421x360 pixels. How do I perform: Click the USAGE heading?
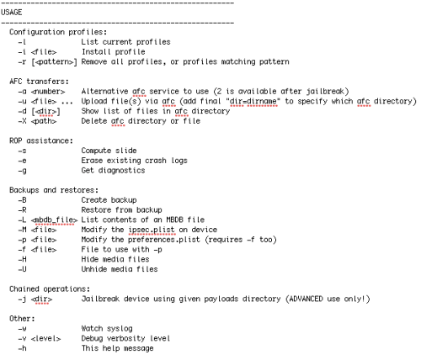pyautogui.click(x=12, y=13)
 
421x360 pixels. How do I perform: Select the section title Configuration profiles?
pyautogui.click(x=58, y=32)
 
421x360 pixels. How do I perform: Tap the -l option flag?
pyautogui.click(x=22, y=42)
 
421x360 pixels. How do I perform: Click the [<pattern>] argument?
pyautogui.click(x=54, y=62)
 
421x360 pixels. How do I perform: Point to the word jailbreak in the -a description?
pyautogui.click(x=325, y=92)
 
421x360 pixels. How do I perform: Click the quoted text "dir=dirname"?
pyautogui.click(x=253, y=101)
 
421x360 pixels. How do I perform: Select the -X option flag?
pyautogui.click(x=22, y=121)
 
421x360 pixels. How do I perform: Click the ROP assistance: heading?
pyautogui.click(x=41, y=140)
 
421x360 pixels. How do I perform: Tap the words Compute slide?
pyautogui.click(x=109, y=151)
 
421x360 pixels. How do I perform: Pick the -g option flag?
pyautogui.click(x=23, y=171)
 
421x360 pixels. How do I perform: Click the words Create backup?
pyautogui.click(x=109, y=200)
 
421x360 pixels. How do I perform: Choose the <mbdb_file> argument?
pyautogui.click(x=54, y=220)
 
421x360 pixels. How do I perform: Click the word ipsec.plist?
pyautogui.click(x=152, y=230)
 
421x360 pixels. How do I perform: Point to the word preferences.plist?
pyautogui.click(x=164, y=240)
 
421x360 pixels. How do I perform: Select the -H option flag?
pyautogui.click(x=22, y=259)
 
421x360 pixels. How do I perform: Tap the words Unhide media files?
pyautogui.click(x=120, y=269)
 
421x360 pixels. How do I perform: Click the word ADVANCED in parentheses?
pyautogui.click(x=306, y=299)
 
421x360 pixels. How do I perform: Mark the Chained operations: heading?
pyautogui.click(x=50, y=289)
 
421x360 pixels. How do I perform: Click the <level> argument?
pyautogui.click(x=45, y=339)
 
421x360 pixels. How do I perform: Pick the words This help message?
pyautogui.click(x=117, y=348)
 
